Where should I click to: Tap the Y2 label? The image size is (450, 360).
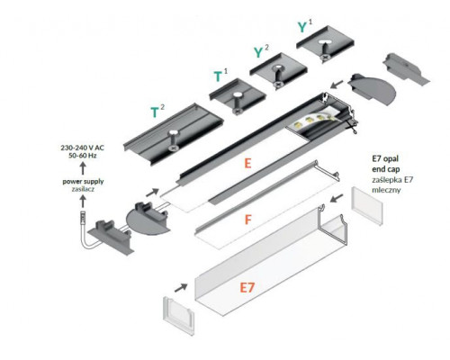261,52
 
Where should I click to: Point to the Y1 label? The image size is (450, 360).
305,26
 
